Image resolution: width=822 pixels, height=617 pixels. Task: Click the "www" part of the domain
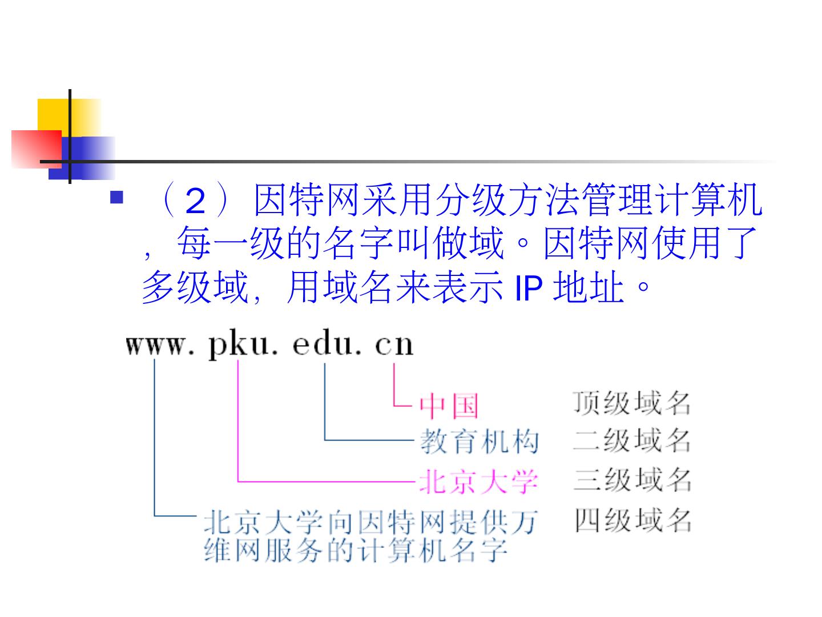coord(155,345)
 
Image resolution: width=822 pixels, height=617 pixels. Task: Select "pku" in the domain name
coord(237,345)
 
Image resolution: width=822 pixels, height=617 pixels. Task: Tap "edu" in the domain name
coord(323,345)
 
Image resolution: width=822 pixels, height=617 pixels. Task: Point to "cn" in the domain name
coord(394,345)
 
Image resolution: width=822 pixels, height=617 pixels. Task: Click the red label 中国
coord(449,406)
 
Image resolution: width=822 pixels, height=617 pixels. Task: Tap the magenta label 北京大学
coord(478,480)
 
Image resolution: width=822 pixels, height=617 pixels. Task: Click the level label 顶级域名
coord(632,403)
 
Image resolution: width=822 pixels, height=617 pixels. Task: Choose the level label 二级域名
coord(632,440)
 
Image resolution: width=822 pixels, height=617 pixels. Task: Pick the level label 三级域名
coord(632,479)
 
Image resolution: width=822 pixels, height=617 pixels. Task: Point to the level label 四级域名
coord(632,520)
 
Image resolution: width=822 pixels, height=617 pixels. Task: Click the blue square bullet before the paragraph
coord(116,198)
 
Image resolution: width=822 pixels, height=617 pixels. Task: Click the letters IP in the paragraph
coord(528,288)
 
